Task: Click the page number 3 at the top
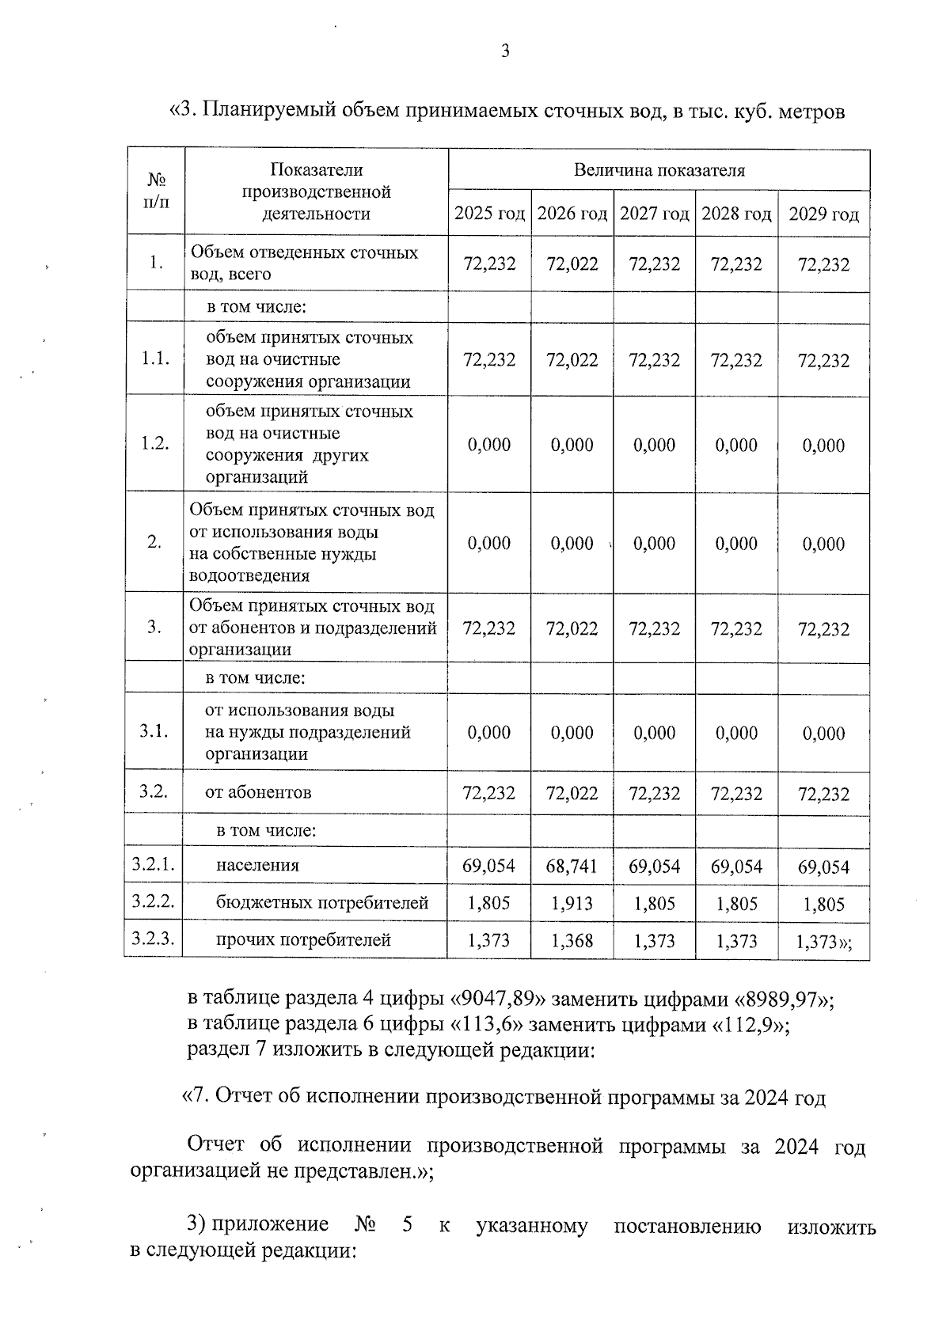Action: (x=505, y=52)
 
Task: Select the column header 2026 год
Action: (x=572, y=214)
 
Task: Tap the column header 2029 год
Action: (x=823, y=215)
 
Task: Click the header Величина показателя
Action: (x=659, y=170)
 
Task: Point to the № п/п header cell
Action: (x=156, y=191)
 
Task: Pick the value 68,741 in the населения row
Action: (x=572, y=867)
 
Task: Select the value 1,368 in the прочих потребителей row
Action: (x=572, y=941)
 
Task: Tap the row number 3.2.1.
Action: (x=154, y=865)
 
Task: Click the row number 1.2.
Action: (x=155, y=443)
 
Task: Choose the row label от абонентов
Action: (x=258, y=792)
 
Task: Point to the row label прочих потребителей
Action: (x=303, y=940)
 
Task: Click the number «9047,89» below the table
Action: (x=499, y=999)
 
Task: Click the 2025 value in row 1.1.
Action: (x=489, y=360)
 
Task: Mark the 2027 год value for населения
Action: (x=654, y=867)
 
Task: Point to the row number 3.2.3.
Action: (x=154, y=939)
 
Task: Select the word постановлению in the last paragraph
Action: (x=687, y=1227)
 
